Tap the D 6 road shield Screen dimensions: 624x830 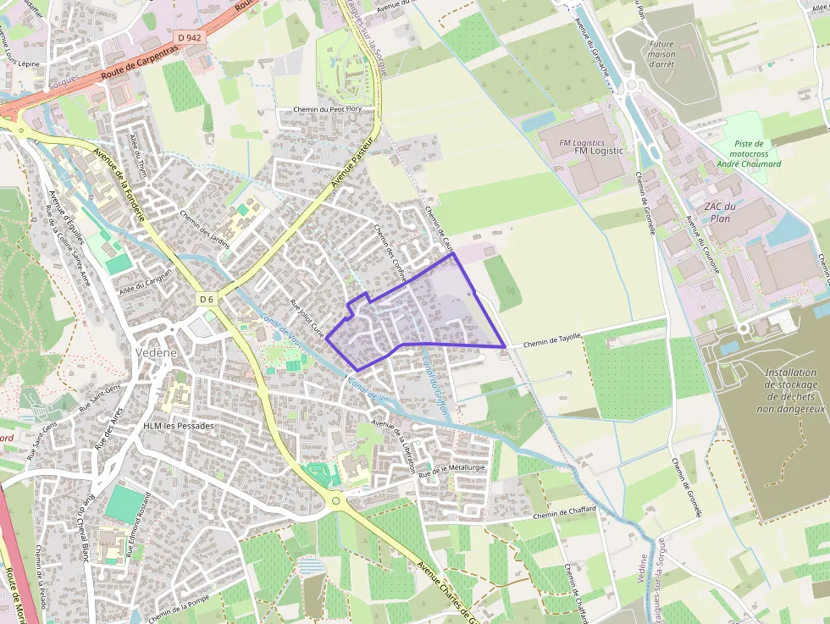pos(207,299)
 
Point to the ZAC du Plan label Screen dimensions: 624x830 pos(719,212)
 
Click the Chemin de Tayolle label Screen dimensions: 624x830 pos(552,338)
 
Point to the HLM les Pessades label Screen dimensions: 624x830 pos(179,426)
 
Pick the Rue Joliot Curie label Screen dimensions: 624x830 pos(307,318)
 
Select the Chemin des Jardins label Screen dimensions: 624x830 pos(205,229)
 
